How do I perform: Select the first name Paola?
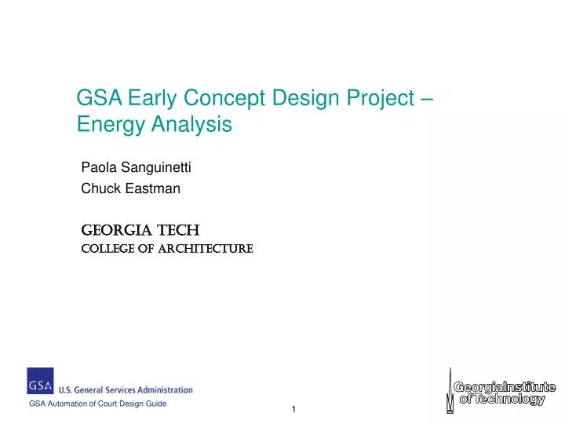97,167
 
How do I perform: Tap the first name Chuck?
98,188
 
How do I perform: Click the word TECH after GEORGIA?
179,230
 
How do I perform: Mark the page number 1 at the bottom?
293,410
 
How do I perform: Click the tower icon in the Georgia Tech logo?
450,389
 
